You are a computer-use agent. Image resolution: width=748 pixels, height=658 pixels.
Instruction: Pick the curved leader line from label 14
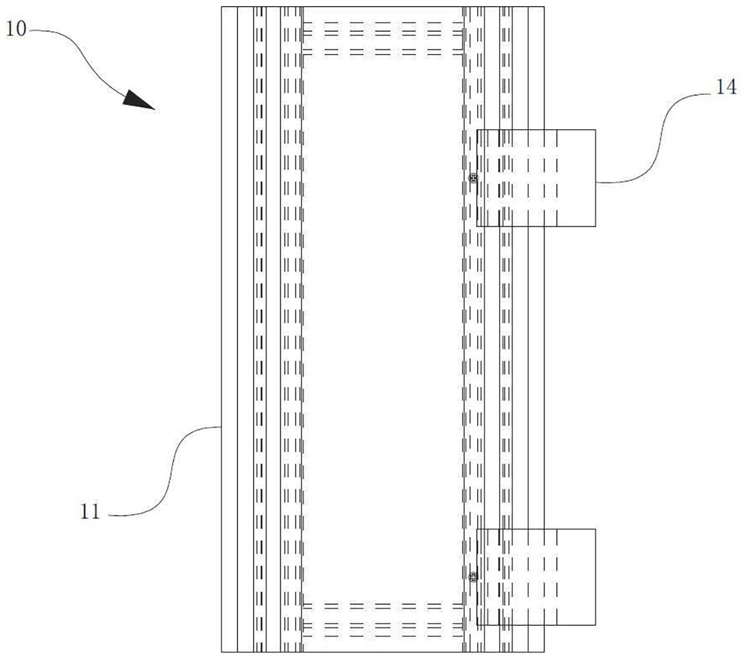pyautogui.click(x=653, y=138)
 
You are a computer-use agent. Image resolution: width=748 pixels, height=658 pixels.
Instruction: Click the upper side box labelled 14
pyautogui.click(x=536, y=178)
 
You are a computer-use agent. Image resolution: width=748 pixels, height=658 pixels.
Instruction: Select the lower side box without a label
pyautogui.click(x=536, y=577)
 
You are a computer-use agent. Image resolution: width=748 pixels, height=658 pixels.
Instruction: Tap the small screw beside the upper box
pyautogui.click(x=472, y=178)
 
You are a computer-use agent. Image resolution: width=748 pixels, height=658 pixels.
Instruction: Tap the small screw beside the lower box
pyautogui.click(x=472, y=577)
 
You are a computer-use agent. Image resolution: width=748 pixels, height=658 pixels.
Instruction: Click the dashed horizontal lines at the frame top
pyautogui.click(x=382, y=37)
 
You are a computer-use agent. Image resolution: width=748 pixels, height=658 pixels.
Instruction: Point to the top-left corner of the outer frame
pyautogui.click(x=221, y=7)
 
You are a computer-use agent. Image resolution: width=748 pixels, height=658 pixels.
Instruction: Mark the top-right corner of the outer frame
pyautogui.click(x=544, y=7)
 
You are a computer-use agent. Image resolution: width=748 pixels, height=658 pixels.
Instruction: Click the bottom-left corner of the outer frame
pyautogui.click(x=221, y=651)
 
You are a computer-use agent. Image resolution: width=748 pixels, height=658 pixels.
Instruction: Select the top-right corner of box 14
pyautogui.click(x=595, y=130)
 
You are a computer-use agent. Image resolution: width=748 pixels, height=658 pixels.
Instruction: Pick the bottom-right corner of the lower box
pyautogui.click(x=595, y=625)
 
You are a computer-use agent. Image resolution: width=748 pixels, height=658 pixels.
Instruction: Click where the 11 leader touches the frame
pyautogui.click(x=221, y=427)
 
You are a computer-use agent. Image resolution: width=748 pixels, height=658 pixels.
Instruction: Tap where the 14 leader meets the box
pyautogui.click(x=595, y=182)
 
